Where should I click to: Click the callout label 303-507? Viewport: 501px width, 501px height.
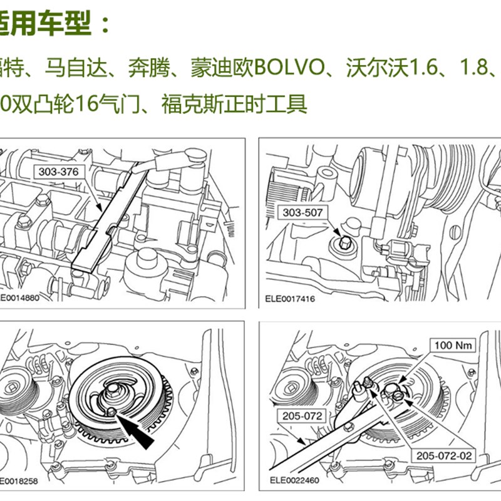303,213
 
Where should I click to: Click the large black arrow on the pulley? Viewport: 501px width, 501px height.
137,432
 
